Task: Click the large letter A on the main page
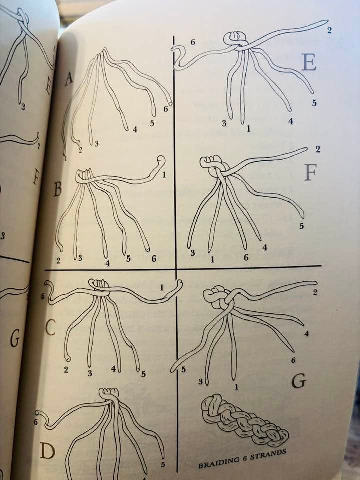tap(69, 79)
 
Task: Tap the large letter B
tap(58, 189)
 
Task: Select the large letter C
tap(50, 328)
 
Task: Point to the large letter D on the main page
tap(48, 451)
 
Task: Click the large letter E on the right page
tap(309, 63)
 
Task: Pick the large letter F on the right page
tap(310, 172)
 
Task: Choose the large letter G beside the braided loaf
tap(299, 381)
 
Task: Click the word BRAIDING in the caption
tap(218, 462)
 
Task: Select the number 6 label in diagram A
tap(165, 109)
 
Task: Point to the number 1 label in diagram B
tap(164, 175)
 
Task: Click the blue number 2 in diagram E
tap(329, 30)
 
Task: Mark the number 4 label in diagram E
tap(291, 121)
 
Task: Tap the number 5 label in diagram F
tap(301, 226)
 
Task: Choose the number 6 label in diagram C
tap(42, 296)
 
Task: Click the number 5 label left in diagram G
tap(183, 370)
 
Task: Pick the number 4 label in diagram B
tap(108, 263)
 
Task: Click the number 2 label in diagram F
tap(318, 149)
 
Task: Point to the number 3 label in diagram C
tap(90, 373)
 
